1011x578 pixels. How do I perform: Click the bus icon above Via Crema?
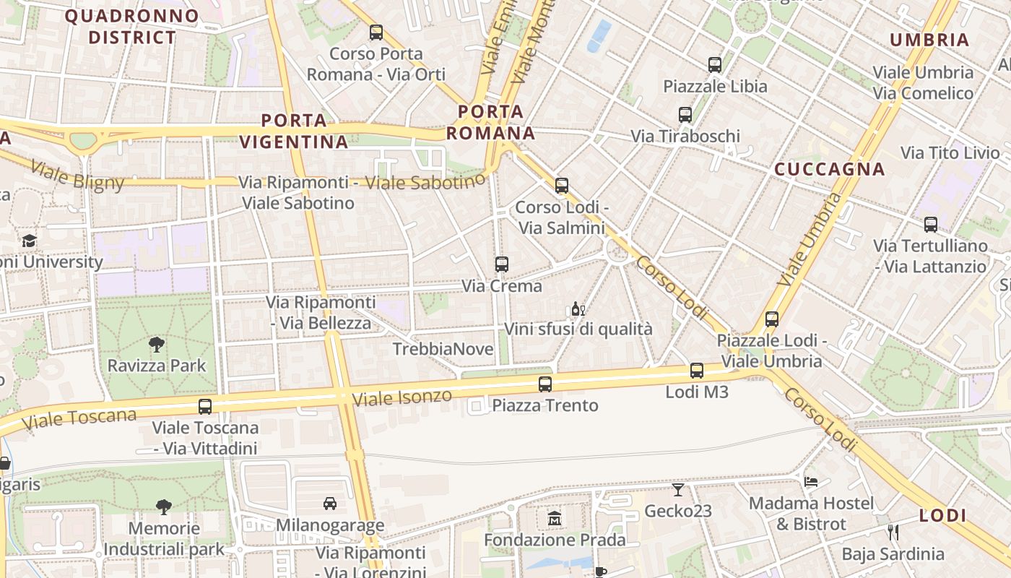[x=501, y=264]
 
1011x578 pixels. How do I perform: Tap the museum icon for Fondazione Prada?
[x=555, y=519]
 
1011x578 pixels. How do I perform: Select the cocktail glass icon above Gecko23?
[x=677, y=490]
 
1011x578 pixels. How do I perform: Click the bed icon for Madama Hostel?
[x=811, y=481]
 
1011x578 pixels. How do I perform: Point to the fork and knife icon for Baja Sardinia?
[x=893, y=532]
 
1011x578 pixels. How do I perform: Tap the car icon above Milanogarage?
[x=329, y=503]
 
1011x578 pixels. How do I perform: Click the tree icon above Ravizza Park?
[x=156, y=344]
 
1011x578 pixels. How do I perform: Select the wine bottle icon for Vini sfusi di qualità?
[x=578, y=309]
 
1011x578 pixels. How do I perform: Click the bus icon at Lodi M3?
[x=696, y=371]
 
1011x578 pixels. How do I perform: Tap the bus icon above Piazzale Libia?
[x=714, y=65]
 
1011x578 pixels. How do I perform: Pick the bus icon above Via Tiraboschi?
[x=685, y=115]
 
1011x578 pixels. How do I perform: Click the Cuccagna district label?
[x=829, y=169]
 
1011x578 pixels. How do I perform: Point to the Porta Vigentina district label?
[x=294, y=131]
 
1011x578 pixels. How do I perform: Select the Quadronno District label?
[x=121, y=26]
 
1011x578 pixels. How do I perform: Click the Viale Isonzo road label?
[x=402, y=397]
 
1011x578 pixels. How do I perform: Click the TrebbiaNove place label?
[x=443, y=350]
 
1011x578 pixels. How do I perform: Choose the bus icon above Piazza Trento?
[x=545, y=384]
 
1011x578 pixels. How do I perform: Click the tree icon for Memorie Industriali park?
[x=164, y=507]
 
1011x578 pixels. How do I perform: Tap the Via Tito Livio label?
[x=950, y=153]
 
